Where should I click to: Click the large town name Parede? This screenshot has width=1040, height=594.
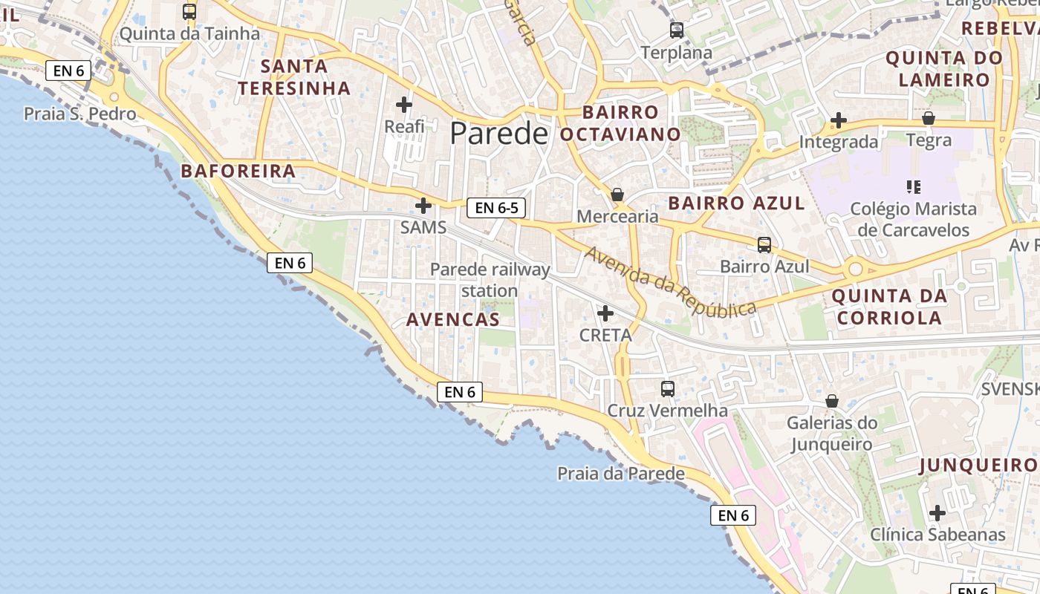pyautogui.click(x=498, y=134)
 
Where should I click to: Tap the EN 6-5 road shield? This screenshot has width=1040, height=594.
pyautogui.click(x=496, y=208)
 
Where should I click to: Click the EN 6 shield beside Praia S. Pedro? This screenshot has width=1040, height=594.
pyautogui.click(x=68, y=71)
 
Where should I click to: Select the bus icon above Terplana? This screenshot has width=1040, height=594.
pyautogui.click(x=676, y=30)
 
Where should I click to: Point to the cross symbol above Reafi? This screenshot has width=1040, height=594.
pyautogui.click(x=404, y=105)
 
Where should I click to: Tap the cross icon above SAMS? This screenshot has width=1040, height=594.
pyautogui.click(x=423, y=206)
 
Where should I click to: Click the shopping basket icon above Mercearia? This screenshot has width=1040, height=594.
pyautogui.click(x=617, y=195)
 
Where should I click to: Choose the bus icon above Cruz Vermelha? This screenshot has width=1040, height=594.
pyautogui.click(x=668, y=388)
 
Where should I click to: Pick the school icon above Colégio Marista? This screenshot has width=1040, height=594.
pyautogui.click(x=913, y=186)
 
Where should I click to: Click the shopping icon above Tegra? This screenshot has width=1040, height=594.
pyautogui.click(x=928, y=118)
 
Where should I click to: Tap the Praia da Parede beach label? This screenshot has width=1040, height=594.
pyautogui.click(x=621, y=473)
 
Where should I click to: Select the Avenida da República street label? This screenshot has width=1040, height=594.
pyautogui.click(x=670, y=281)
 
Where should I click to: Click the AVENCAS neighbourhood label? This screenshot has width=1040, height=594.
pyautogui.click(x=452, y=320)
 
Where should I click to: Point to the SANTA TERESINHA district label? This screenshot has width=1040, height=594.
pyautogui.click(x=294, y=77)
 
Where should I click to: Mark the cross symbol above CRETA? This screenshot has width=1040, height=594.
pyautogui.click(x=605, y=313)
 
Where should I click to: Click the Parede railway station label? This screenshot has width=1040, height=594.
pyautogui.click(x=490, y=280)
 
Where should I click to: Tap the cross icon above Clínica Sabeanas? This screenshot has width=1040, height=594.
pyautogui.click(x=937, y=513)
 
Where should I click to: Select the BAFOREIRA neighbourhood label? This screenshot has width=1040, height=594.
pyautogui.click(x=238, y=172)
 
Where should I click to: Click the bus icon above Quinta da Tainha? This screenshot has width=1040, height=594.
pyautogui.click(x=189, y=12)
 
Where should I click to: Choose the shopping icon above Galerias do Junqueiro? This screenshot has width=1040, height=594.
pyautogui.click(x=832, y=402)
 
